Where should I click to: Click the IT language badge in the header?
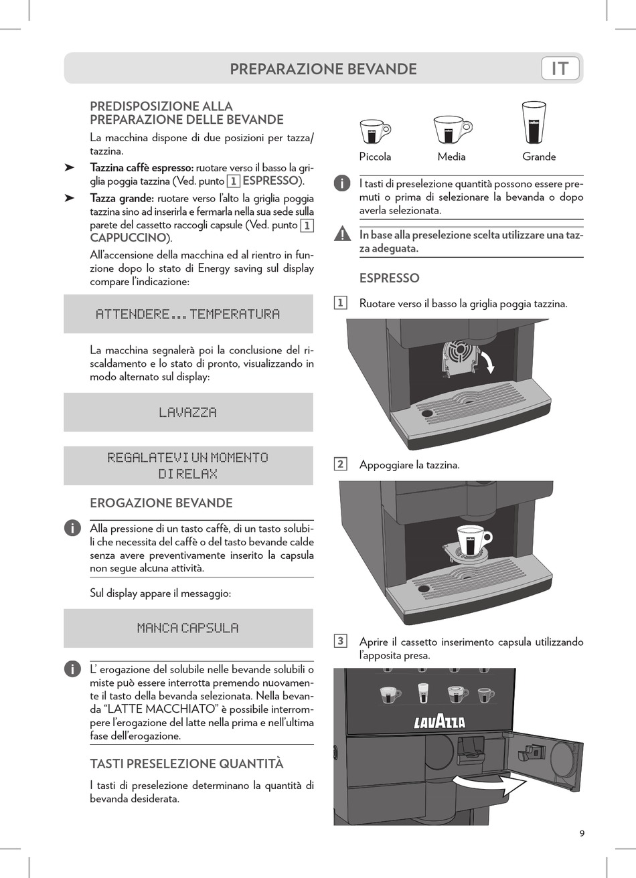coord(560,68)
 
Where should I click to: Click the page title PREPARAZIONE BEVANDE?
coord(323,69)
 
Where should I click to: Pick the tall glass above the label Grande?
coord(534,122)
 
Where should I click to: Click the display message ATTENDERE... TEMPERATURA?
coord(188,314)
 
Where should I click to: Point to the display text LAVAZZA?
coord(188,412)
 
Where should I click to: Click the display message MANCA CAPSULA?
coord(188,628)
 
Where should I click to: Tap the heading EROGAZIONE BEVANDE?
coord(161,503)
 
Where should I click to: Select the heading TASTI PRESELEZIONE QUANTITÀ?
coord(187,764)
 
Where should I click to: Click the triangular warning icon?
coord(342,235)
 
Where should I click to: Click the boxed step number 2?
coord(340,464)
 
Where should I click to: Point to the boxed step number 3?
coord(340,641)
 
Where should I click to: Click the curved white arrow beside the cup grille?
coord(489,362)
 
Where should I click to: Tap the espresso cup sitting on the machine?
coord(472,540)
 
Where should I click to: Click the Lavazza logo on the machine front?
coord(439,721)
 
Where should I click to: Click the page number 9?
coord(582,833)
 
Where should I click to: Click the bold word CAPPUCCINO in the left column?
coord(128,238)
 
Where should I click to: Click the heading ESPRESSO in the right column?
coord(390,278)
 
